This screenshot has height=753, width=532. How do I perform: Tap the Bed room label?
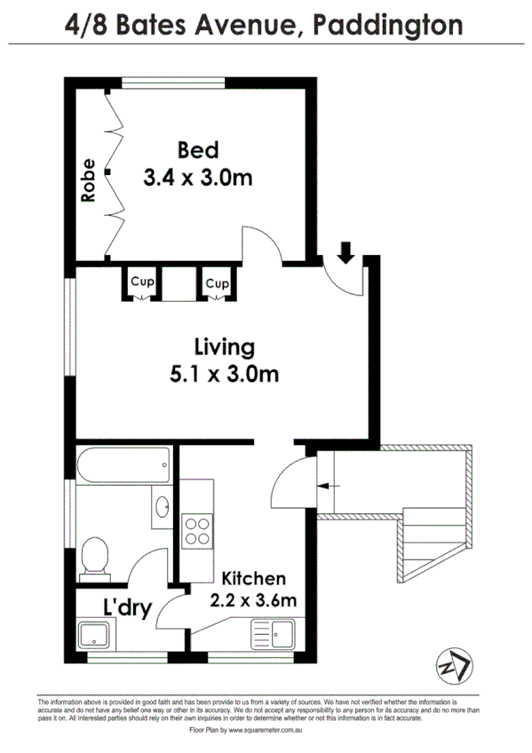coord(197,149)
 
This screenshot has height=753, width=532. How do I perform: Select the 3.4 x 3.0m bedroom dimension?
coord(197,178)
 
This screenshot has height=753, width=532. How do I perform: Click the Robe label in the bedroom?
coord(88,180)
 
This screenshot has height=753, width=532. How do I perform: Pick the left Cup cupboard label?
coord(141,282)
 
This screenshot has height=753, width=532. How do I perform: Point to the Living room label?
coord(225,345)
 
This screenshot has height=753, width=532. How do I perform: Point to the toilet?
coord(94,557)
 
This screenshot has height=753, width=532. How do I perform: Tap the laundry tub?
coord(92,636)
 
